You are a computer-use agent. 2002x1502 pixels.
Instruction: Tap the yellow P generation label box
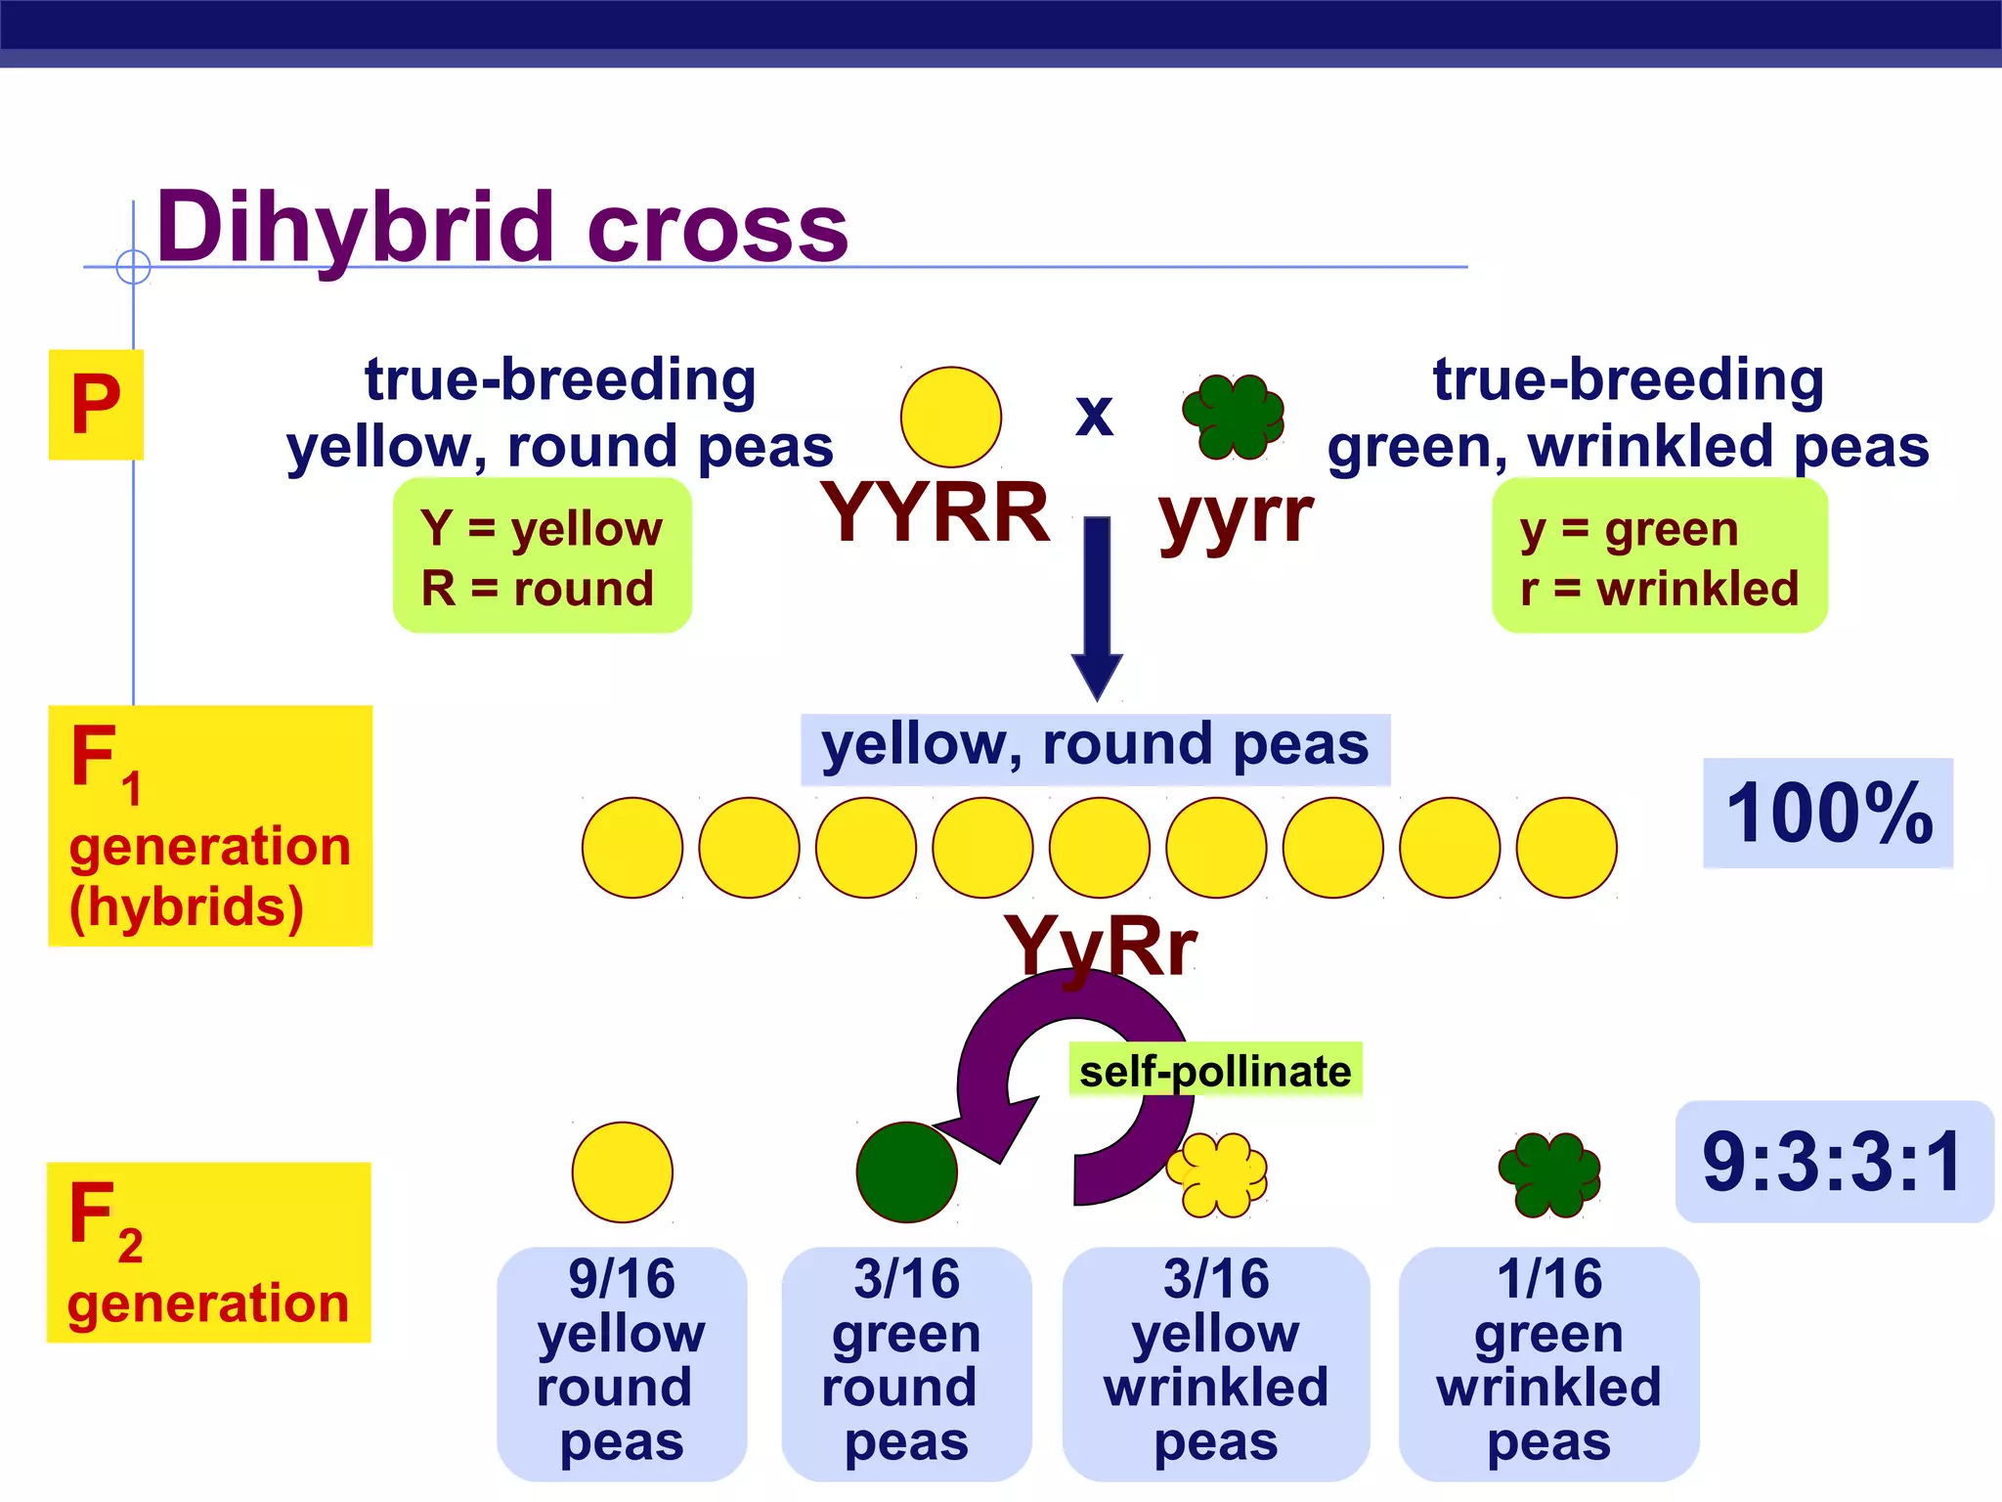pyautogui.click(x=96, y=405)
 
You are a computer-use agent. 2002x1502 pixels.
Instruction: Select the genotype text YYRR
pyautogui.click(x=935, y=512)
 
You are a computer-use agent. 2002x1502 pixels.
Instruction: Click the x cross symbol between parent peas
pyautogui.click(x=1094, y=416)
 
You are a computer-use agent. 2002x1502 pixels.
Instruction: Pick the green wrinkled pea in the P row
pyautogui.click(x=1234, y=417)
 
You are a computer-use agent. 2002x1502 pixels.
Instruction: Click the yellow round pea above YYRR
pyautogui.click(x=950, y=417)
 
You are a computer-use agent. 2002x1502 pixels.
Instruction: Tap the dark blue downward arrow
pyautogui.click(x=1097, y=606)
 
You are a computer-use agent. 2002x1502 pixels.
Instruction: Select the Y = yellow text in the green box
pyautogui.click(x=541, y=528)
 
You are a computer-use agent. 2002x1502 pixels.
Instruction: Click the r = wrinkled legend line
pyautogui.click(x=1659, y=589)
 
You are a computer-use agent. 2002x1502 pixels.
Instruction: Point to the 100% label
pyautogui.click(x=1828, y=814)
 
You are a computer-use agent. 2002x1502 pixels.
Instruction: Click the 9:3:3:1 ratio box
pyautogui.click(x=1833, y=1162)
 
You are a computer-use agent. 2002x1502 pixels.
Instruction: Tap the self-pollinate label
pyautogui.click(x=1215, y=1072)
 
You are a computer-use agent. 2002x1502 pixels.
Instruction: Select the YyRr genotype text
pyautogui.click(x=1100, y=946)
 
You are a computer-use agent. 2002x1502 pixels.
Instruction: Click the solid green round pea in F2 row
pyautogui.click(x=905, y=1171)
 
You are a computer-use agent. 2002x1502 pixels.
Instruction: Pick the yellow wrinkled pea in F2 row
pyautogui.click(x=1216, y=1173)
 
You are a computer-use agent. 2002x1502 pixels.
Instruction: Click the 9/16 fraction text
pyautogui.click(x=622, y=1278)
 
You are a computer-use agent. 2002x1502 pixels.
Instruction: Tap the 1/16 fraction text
pyautogui.click(x=1549, y=1278)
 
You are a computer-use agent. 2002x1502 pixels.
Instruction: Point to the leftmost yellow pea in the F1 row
pyautogui.click(x=632, y=848)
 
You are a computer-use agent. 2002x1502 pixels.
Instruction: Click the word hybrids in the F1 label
pyautogui.click(x=187, y=907)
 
